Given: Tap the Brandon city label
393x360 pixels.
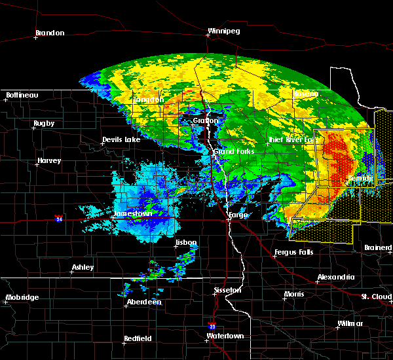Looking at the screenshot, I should pos(50,33).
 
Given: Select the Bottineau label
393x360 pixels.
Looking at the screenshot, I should pos(22,95).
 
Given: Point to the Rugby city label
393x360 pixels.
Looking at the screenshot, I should pos(44,123).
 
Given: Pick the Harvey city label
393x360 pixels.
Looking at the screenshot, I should pos(49,160).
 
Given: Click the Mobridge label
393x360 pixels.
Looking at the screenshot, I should pos(22,297).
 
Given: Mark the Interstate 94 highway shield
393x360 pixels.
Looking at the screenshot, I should pos(59,218).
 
